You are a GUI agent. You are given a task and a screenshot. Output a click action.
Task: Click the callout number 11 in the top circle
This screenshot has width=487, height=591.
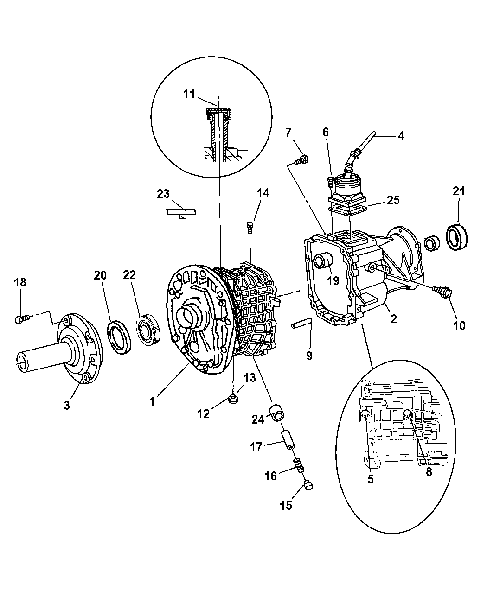(188, 94)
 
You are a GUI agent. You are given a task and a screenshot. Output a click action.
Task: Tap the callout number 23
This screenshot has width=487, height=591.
(163, 194)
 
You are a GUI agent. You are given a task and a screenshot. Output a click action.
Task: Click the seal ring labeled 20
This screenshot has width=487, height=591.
(119, 332)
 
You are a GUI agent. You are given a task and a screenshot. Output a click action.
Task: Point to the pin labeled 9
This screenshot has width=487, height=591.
(302, 325)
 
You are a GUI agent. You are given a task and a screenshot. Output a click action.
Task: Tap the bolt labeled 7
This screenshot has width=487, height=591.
(301, 160)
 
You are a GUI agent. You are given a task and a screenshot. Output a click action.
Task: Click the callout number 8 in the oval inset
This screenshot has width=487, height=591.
(429, 471)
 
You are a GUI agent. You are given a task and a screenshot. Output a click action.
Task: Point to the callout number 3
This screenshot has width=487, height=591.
(67, 405)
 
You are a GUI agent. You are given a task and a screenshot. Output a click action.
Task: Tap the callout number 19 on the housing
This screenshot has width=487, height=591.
(333, 280)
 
